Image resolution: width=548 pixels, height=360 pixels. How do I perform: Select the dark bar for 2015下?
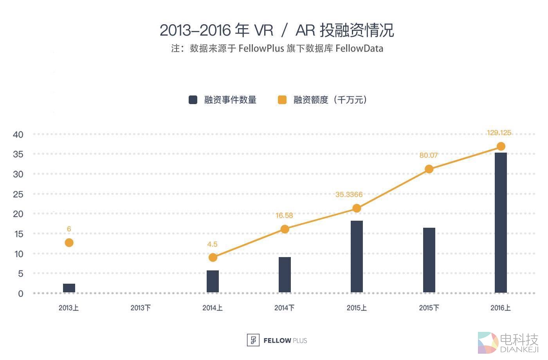coord(429,260)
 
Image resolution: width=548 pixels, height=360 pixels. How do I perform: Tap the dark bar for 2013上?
coord(69,288)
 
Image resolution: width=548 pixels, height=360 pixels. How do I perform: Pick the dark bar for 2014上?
coord(213,281)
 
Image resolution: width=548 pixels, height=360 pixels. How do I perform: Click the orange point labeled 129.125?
coord(501,146)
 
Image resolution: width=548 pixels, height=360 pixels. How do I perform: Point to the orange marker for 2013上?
coord(69,243)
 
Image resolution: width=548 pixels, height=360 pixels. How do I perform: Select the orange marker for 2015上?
coord(357,208)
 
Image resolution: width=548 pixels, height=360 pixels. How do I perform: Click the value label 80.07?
coord(429,155)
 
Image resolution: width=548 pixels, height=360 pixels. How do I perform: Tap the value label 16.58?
coord(284,216)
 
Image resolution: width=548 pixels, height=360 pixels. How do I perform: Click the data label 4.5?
coord(212,244)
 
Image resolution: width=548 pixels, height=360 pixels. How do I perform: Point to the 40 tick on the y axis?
coord(18,135)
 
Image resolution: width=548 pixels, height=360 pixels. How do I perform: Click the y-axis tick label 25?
coord(18,194)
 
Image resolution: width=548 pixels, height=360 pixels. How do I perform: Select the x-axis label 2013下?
coord(141,308)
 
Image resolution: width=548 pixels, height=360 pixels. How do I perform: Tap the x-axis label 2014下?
coord(285,308)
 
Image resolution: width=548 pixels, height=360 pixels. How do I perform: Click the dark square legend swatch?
coord(193,100)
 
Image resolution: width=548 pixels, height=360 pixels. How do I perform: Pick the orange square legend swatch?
coord(282,100)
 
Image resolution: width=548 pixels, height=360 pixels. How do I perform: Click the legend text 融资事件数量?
coord(230,100)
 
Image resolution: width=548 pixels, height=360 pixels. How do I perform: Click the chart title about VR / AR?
coord(277,30)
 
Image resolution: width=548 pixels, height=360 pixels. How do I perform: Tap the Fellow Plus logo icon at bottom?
coord(253,340)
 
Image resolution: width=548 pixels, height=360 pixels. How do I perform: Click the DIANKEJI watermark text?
coord(519,349)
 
